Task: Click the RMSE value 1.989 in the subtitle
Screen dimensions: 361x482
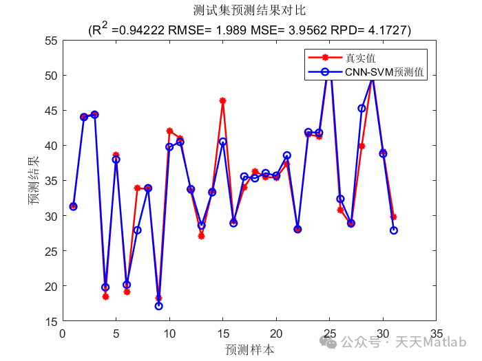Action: pyautogui.click(x=228, y=31)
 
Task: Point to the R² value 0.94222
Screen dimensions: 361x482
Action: pyautogui.click(x=142, y=31)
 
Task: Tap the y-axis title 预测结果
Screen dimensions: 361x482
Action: pyautogui.click(x=34, y=180)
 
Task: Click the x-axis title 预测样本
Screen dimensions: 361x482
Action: pyautogui.click(x=249, y=349)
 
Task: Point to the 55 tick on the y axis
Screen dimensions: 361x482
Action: pyautogui.click(x=50, y=40)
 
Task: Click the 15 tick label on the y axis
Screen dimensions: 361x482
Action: pyautogui.click(x=50, y=321)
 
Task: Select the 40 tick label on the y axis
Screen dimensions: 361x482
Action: pyautogui.click(x=50, y=146)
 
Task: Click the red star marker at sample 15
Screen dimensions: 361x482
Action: pyautogui.click(x=222, y=100)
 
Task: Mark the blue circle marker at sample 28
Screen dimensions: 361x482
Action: pyautogui.click(x=361, y=108)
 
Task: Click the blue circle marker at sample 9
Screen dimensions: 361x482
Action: pyautogui.click(x=159, y=306)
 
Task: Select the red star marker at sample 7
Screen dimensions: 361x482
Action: pyautogui.click(x=137, y=188)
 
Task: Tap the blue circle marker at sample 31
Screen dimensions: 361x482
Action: pyautogui.click(x=393, y=230)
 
